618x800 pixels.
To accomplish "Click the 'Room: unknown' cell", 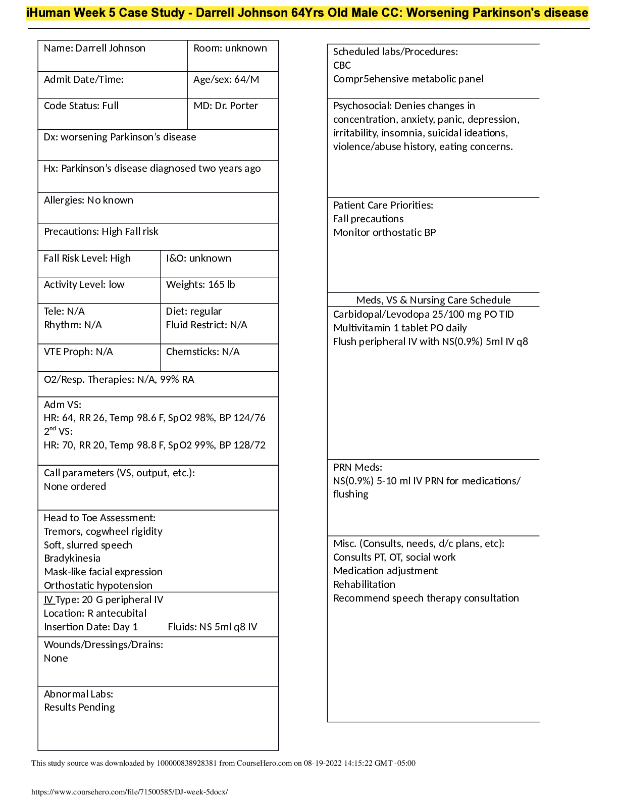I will coord(230,48).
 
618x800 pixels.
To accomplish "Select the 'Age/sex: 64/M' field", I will coord(226,80).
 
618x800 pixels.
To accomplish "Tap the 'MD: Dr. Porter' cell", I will coord(226,106).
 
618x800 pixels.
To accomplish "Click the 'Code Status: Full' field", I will coord(81,106).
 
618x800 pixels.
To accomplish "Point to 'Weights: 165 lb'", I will coord(200,285).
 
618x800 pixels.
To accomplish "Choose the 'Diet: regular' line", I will coord(194,312).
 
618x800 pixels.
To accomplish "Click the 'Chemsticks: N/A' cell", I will coord(202,352).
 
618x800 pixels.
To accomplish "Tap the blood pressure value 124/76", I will coord(249,418).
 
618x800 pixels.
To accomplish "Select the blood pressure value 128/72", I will coord(249,445).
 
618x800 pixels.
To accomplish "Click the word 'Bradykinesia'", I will coord(72,559).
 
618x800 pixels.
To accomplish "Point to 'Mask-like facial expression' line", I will coord(103,572).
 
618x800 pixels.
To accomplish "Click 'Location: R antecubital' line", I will coord(95,614).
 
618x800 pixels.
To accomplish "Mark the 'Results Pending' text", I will coord(79,708).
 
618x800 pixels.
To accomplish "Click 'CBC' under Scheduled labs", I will coord(342,66).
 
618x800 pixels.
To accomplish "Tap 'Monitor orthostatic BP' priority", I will coord(384,233).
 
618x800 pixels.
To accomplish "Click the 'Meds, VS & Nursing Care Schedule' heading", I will coord(433,301).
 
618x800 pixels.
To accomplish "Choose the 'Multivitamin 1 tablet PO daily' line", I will coord(400,328).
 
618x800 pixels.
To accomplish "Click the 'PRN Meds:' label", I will coord(357,468).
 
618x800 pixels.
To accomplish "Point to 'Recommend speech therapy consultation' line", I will coord(426,598).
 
